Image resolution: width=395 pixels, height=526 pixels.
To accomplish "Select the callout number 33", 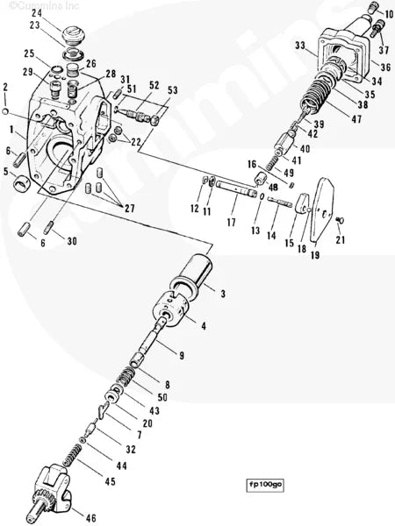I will tap(299, 46).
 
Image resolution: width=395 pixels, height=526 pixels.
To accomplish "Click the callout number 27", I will tap(130, 208).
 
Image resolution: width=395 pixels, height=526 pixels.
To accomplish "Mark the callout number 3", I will tap(222, 293).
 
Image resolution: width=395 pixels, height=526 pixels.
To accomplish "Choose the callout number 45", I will tap(109, 481).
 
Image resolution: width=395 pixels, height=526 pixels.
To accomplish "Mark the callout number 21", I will tap(341, 240).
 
